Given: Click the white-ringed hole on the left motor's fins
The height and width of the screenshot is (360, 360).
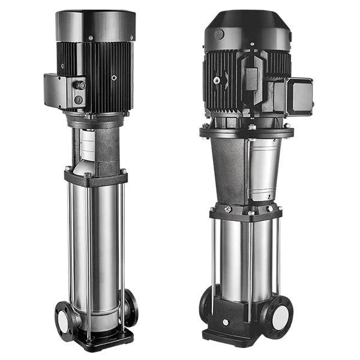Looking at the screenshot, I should point(113,77).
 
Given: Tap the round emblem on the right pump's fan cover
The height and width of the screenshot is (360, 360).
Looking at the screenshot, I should point(220,35).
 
